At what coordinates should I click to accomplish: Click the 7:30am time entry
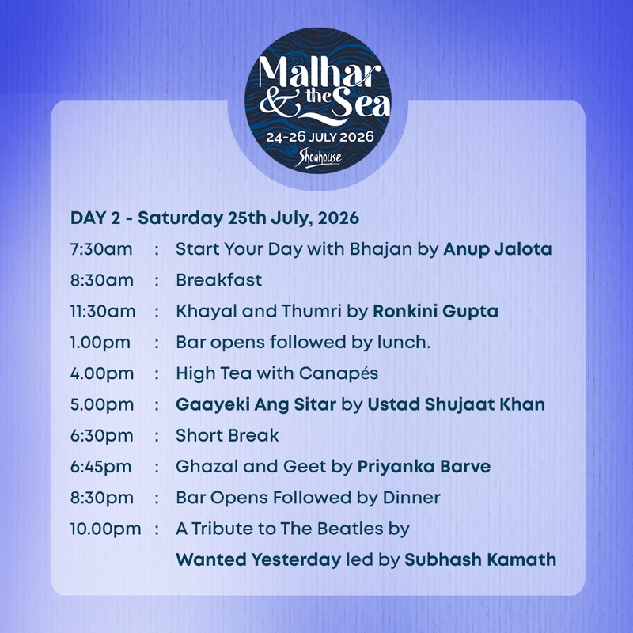pyautogui.click(x=101, y=249)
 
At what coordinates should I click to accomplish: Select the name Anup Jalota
pyautogui.click(x=498, y=249)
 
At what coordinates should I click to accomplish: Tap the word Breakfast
pyautogui.click(x=219, y=280)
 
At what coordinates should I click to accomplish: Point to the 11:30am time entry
pyautogui.click(x=103, y=311)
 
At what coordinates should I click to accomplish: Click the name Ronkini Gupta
pyautogui.click(x=435, y=312)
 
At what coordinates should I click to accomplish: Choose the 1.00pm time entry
pyautogui.click(x=100, y=343)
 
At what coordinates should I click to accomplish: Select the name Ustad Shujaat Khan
pyautogui.click(x=457, y=404)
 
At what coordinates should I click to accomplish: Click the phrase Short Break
pyautogui.click(x=227, y=436)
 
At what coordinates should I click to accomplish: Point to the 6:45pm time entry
pyautogui.click(x=101, y=467)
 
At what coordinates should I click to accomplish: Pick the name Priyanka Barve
pyautogui.click(x=424, y=467)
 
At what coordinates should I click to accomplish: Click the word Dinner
pyautogui.click(x=411, y=498)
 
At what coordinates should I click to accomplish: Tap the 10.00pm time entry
pyautogui.click(x=106, y=529)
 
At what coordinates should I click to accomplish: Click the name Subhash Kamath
pyautogui.click(x=480, y=560)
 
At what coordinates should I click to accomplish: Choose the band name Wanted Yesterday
pyautogui.click(x=259, y=560)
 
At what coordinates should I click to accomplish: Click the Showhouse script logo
pyautogui.click(x=318, y=158)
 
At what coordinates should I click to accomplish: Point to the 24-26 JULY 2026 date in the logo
pyautogui.click(x=320, y=137)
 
